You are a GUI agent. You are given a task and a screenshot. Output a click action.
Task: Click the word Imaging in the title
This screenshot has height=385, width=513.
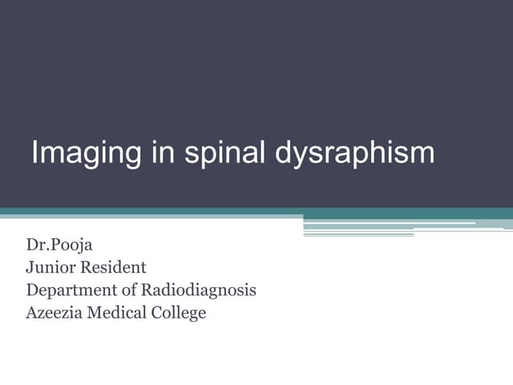[85, 152]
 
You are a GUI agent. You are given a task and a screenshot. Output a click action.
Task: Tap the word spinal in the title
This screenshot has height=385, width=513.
[223, 152]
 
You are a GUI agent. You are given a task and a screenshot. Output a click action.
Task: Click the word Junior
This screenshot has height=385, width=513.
[50, 267]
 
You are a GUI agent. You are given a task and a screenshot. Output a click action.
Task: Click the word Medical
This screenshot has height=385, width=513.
[121, 312]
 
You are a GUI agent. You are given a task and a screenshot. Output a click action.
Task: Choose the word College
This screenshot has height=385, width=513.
[180, 313]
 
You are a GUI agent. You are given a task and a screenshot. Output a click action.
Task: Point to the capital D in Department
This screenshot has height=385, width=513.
[31, 290]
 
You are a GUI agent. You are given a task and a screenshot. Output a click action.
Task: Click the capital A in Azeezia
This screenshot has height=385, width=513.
[31, 312]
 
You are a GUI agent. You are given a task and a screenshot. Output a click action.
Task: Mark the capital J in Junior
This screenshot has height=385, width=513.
[30, 267]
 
